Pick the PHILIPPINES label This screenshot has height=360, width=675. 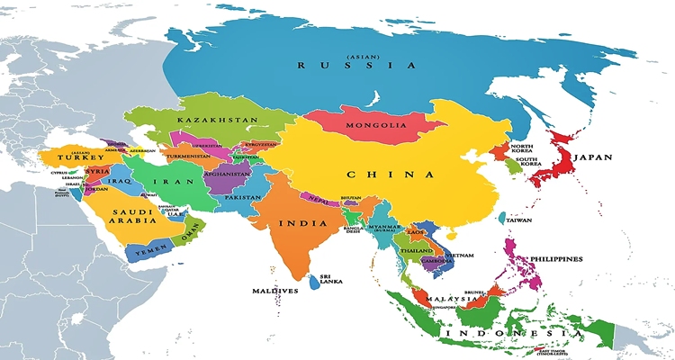tap(555, 258)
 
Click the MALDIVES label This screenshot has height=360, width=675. tap(274, 292)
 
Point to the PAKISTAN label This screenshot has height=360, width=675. tap(242, 197)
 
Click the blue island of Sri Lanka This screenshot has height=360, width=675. tap(314, 283)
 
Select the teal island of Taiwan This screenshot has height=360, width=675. tap(502, 218)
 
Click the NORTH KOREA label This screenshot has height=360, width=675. tap(522, 148)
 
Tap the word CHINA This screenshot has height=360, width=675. tap(378, 174)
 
